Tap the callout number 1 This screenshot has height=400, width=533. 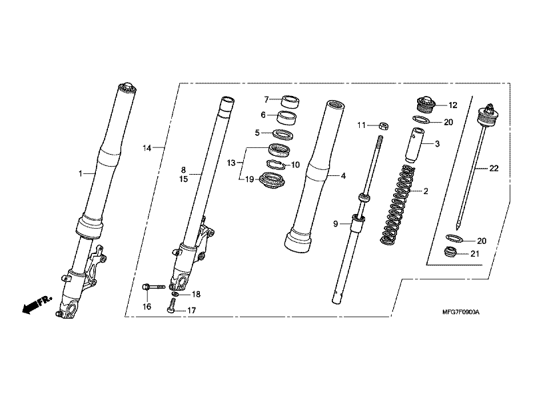coord(80,173)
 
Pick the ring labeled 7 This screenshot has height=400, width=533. coord(290,102)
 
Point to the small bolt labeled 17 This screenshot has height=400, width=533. coord(171,306)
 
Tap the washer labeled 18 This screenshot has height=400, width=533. coord(175,293)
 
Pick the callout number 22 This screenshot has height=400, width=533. coord(494,169)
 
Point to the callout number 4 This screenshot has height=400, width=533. coord(343,176)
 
